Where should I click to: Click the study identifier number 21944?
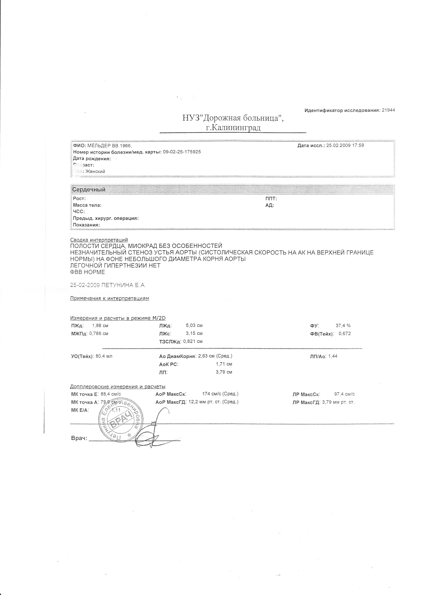pos(388,110)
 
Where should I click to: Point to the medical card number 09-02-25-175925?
pos(182,152)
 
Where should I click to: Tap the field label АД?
pos(270,205)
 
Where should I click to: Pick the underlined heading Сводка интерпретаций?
pos(99,240)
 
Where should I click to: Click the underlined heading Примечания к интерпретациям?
pos(110,298)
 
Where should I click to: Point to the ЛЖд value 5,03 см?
pos(194,325)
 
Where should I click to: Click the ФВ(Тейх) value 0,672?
pos(345,334)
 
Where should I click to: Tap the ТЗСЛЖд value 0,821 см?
pos(193,341)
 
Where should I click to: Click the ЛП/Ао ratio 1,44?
pos(333,356)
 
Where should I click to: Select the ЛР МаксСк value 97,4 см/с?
pos(345,394)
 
